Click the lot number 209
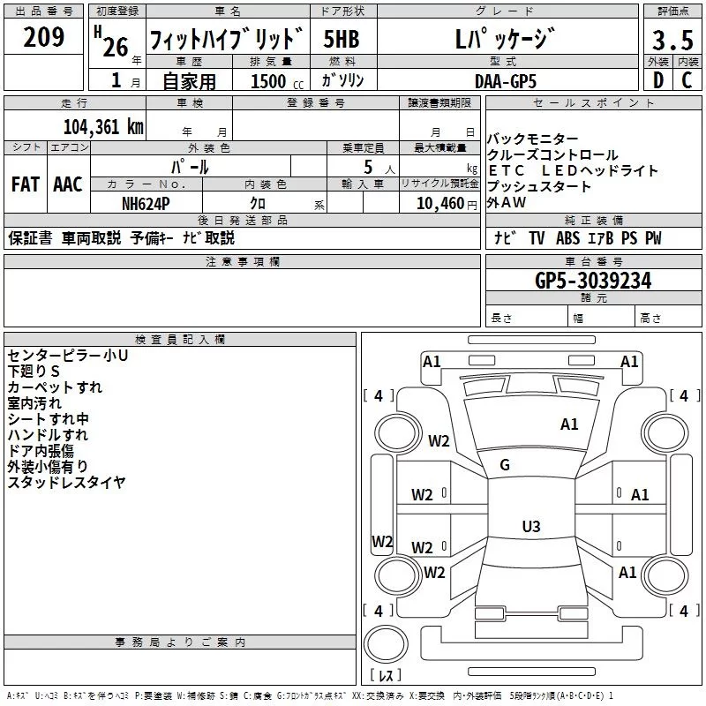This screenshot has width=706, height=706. click(x=44, y=37)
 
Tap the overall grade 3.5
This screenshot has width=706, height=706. click(x=671, y=40)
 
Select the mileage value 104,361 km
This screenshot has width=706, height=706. click(x=103, y=126)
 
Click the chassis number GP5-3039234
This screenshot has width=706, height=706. click(x=593, y=281)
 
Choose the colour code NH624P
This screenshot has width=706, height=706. click(x=146, y=202)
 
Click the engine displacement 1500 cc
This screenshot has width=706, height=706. click(x=268, y=81)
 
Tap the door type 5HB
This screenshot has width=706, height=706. click(x=342, y=40)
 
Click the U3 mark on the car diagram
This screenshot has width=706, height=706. click(x=530, y=527)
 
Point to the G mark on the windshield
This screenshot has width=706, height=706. click(x=505, y=465)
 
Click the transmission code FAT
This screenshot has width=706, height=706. click(x=25, y=184)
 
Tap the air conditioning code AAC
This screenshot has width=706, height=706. click(x=67, y=184)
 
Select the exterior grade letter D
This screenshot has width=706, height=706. click(x=657, y=80)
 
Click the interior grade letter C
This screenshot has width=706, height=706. click(x=687, y=80)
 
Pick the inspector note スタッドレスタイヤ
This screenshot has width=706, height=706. click(x=66, y=482)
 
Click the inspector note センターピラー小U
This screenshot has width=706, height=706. click(x=68, y=355)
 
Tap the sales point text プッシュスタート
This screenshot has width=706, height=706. click(x=539, y=187)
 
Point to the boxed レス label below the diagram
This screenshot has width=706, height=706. click(x=385, y=676)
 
